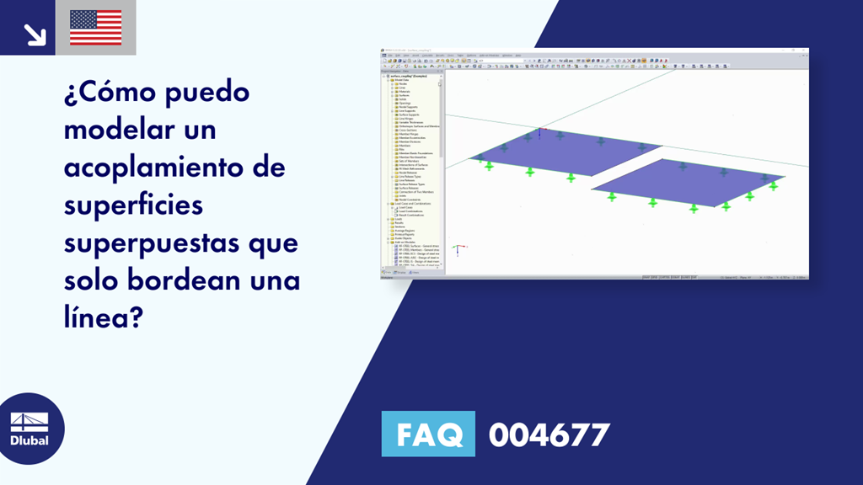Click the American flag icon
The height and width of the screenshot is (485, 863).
[x=95, y=28]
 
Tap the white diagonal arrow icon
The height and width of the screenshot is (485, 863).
[x=35, y=33]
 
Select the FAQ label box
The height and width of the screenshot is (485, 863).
[x=428, y=434]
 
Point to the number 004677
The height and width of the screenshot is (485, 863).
[x=549, y=434]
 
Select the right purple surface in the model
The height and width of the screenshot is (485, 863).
[x=687, y=181]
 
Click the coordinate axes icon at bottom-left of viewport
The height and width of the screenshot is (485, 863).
[x=456, y=249]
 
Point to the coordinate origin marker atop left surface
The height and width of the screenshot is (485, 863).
[x=539, y=131]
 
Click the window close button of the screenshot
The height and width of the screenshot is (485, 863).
[x=805, y=51]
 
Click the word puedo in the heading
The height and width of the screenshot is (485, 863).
[x=214, y=93]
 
